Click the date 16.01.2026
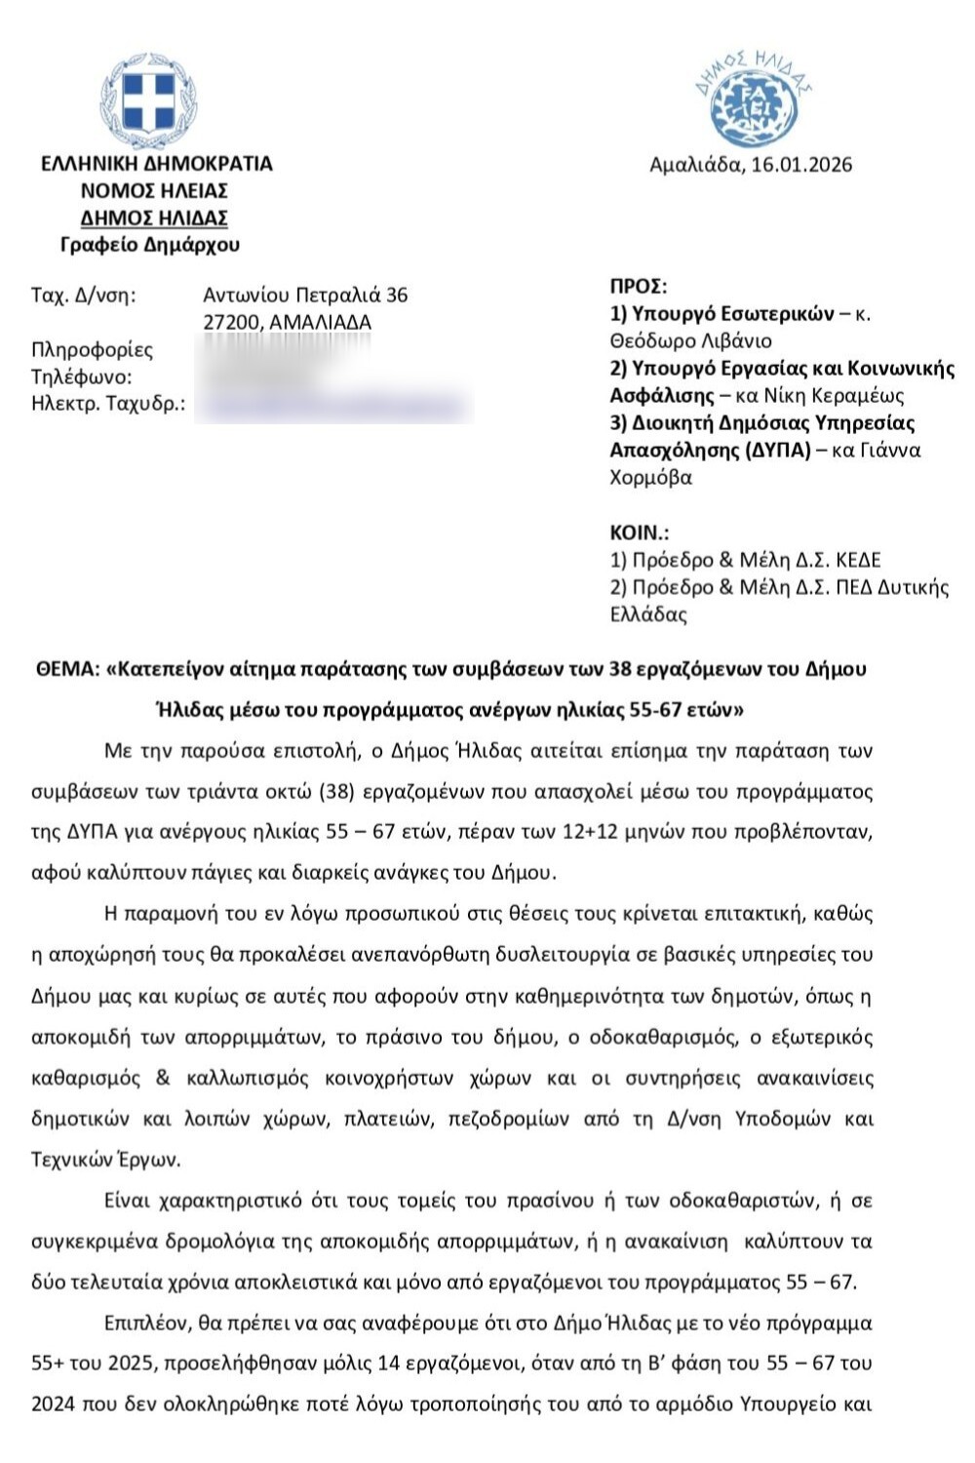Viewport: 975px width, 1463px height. click(799, 165)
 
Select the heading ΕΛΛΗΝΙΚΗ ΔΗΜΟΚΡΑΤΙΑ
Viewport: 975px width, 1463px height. click(156, 164)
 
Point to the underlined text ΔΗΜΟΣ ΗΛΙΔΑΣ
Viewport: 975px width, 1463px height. click(154, 217)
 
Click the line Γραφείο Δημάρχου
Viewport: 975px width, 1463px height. click(149, 245)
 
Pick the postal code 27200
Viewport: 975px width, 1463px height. click(231, 322)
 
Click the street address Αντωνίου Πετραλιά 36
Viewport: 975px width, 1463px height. click(305, 295)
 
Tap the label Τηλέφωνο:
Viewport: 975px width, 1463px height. click(81, 377)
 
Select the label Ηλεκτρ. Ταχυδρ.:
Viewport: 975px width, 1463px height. click(108, 405)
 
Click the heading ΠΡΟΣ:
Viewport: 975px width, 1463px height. click(639, 287)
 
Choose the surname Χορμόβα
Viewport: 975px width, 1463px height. click(650, 478)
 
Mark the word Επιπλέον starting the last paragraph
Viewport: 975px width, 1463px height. click(146, 1324)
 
